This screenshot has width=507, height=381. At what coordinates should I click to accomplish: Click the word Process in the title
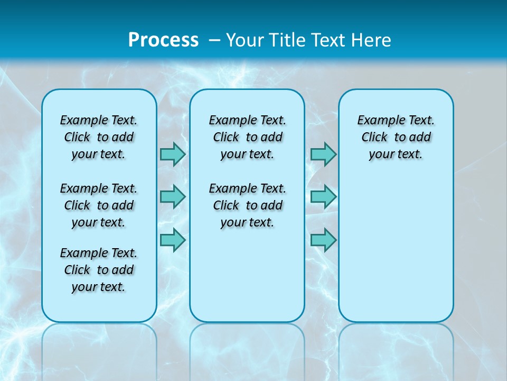163,40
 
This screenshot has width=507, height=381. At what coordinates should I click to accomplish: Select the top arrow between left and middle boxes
173,154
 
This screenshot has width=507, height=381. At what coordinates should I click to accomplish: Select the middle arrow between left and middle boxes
173,197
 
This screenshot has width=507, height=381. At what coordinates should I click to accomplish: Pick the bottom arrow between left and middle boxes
173,240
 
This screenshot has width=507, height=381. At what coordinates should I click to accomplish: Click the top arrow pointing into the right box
323,154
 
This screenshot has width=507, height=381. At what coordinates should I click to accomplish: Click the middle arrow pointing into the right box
323,197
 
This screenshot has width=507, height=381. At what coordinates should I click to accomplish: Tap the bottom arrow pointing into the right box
323,240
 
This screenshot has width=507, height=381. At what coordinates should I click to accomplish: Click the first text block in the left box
99,137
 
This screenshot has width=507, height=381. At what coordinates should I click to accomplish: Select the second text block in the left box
99,205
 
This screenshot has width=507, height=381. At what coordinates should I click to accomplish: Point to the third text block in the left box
99,270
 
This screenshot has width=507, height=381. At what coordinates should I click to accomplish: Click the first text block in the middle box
247,137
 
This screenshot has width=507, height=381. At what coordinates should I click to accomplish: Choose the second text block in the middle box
247,205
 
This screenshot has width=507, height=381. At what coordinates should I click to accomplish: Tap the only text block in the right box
396,137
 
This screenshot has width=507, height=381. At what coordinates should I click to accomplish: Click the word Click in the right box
374,138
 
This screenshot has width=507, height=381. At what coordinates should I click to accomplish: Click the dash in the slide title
214,40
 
